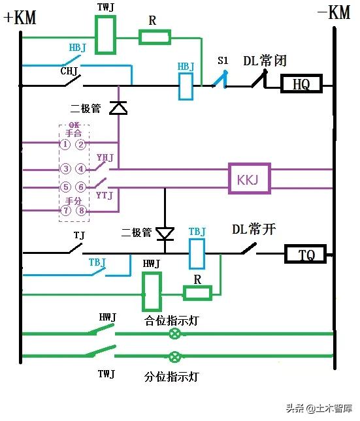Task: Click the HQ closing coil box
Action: (301, 84)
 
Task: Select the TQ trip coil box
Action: (305, 254)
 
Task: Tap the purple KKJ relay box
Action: (249, 178)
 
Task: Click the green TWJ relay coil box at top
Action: (106, 29)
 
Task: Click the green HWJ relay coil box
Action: (152, 292)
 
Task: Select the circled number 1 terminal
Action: (66, 144)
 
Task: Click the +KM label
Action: (20, 18)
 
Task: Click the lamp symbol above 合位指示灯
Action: (175, 334)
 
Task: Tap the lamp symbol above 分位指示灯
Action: (175, 357)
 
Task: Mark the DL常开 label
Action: (254, 230)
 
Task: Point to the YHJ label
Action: (105, 158)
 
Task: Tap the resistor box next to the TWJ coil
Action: (155, 37)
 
